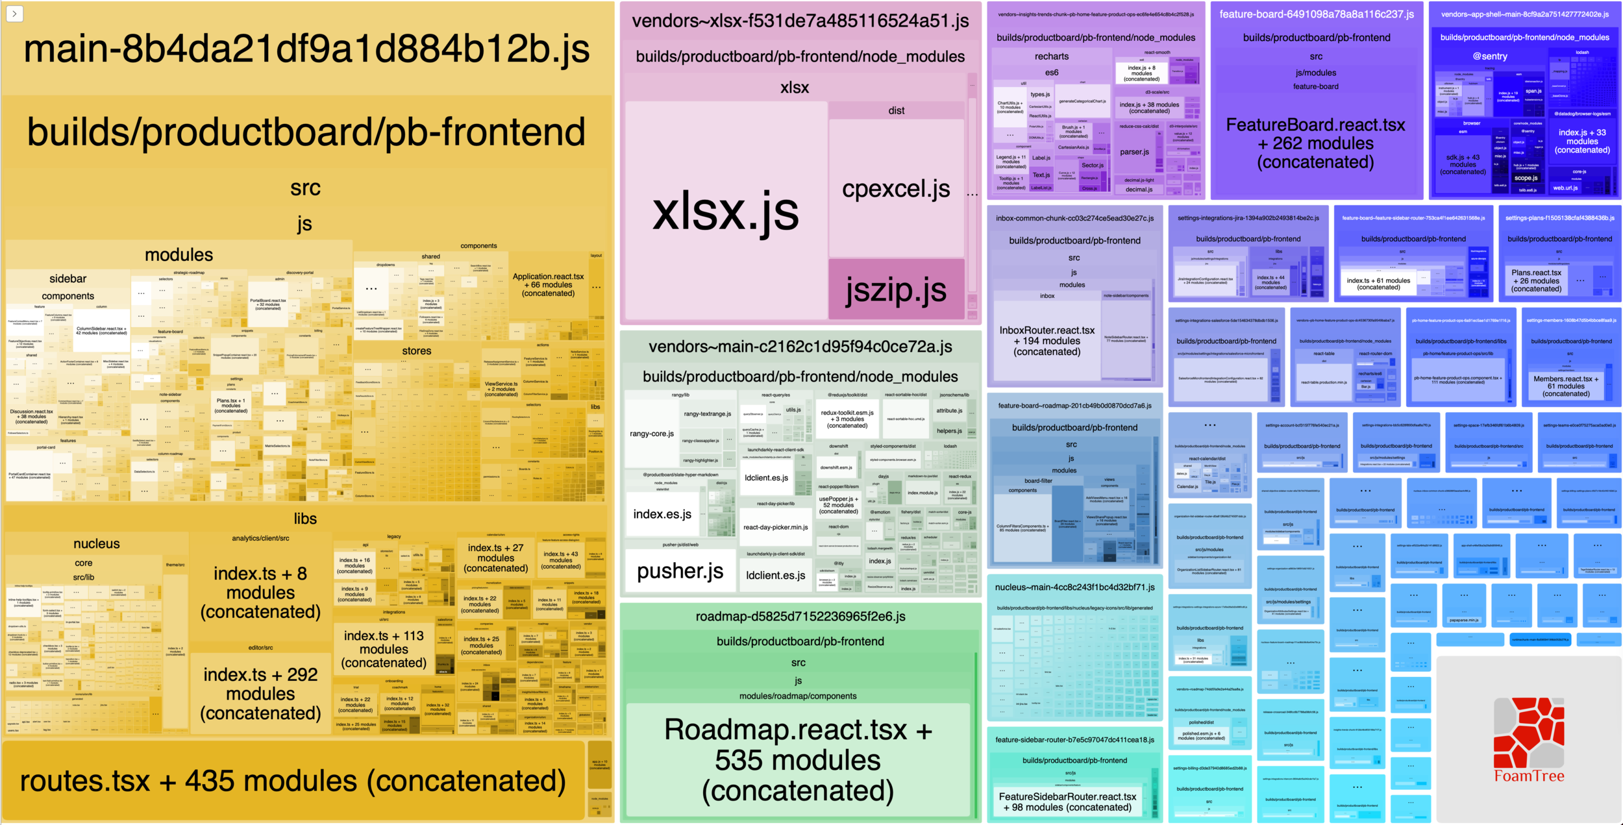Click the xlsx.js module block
click(725, 211)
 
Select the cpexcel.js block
click(896, 189)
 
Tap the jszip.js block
click(896, 289)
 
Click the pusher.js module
click(680, 571)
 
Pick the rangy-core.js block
click(652, 434)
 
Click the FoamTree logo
click(1529, 740)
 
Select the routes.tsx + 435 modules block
click(293, 781)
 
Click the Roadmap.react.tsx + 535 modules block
click(798, 760)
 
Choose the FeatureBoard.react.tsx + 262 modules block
click(1315, 143)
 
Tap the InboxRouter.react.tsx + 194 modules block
click(1047, 341)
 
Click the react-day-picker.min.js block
click(775, 527)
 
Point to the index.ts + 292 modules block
click(260, 694)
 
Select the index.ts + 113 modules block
click(384, 649)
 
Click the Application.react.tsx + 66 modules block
click(548, 285)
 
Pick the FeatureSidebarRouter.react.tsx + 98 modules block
click(1067, 802)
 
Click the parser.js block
click(1134, 152)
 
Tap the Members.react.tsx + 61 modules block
click(1566, 386)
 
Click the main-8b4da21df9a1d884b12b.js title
click(306, 49)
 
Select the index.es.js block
click(662, 514)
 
